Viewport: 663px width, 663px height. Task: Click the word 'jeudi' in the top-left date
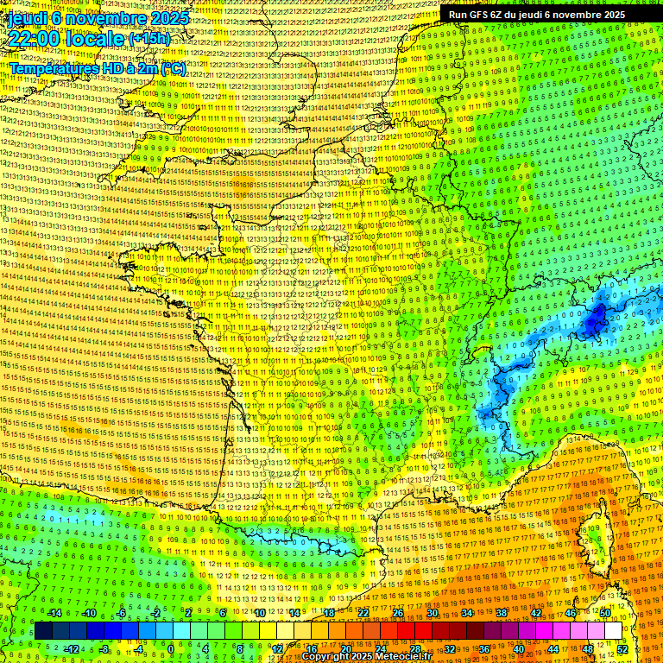28,18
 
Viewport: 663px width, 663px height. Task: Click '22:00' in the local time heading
35,38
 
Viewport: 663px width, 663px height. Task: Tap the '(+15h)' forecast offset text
149,39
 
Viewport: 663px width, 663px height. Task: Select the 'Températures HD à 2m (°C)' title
98,67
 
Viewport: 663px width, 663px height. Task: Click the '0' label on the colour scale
170,648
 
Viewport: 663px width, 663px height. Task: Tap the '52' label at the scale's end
622,648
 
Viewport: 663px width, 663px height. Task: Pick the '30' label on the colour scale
432,613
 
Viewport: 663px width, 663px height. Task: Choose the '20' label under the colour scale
345,648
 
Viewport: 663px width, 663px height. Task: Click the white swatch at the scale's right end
613,631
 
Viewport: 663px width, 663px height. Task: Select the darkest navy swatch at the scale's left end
42,631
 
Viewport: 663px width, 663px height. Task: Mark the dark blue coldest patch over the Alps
595,321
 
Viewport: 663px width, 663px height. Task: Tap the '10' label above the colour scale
259,613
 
